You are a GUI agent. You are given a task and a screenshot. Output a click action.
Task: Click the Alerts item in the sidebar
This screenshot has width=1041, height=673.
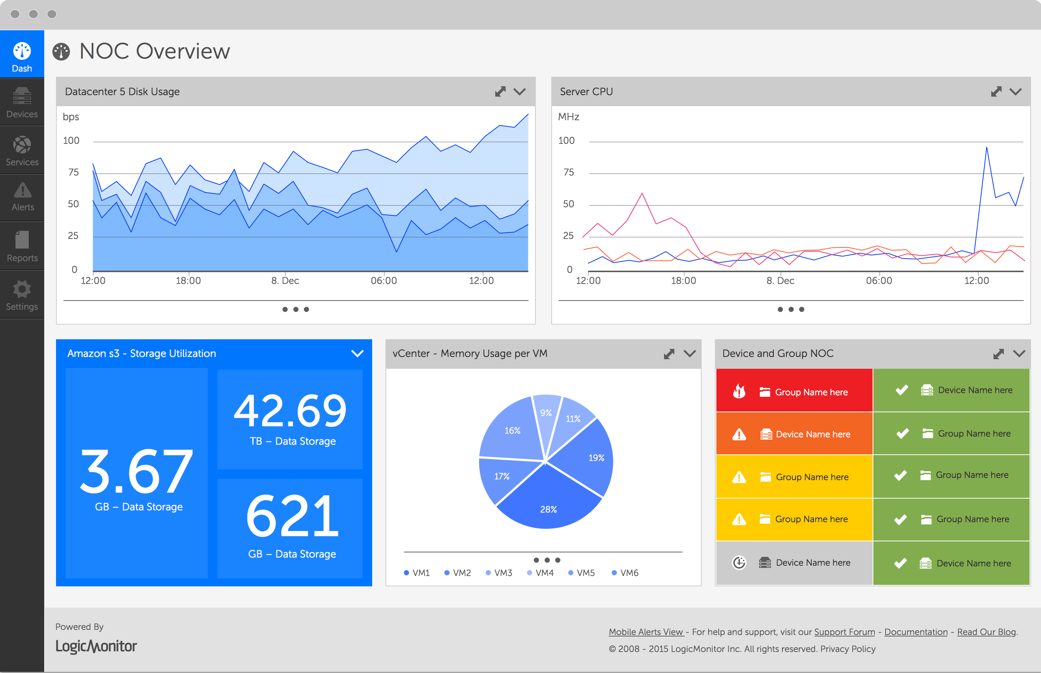22,197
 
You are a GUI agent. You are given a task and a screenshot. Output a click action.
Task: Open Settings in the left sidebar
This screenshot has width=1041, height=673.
22,295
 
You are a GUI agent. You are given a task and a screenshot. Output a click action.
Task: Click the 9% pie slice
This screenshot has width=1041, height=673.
546,413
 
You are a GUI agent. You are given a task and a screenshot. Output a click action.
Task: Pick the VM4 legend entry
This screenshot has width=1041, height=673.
541,572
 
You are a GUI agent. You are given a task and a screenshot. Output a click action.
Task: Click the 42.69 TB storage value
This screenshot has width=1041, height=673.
290,411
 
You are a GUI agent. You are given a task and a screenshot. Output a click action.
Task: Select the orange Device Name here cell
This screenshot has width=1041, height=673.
794,434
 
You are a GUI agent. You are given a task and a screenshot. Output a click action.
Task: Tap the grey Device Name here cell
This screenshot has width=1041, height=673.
794,562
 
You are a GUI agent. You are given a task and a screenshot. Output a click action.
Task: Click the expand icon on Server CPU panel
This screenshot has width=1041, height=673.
996,92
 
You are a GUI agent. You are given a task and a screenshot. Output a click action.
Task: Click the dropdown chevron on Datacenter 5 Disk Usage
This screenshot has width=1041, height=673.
520,92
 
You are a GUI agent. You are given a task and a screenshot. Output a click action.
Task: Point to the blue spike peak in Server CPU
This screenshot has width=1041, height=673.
986,148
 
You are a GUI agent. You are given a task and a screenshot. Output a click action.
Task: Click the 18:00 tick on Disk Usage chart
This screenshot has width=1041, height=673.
188,280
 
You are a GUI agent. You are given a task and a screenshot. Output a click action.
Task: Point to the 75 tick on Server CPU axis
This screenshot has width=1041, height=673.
569,172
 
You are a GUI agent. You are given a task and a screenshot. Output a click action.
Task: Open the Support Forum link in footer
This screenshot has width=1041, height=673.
844,632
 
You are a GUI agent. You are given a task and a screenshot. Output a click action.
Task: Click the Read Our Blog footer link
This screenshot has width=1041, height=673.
986,632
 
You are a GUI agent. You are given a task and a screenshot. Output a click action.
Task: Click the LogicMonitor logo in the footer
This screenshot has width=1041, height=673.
96,646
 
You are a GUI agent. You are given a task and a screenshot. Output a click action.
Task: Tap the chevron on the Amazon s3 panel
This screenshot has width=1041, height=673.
357,354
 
